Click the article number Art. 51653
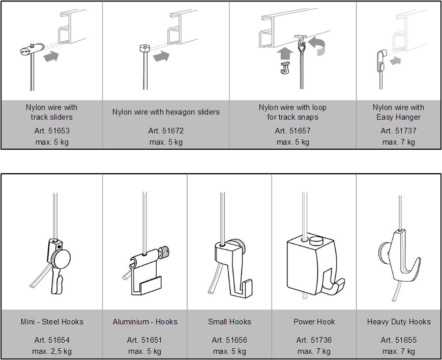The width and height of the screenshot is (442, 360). pyautogui.click(x=52, y=131)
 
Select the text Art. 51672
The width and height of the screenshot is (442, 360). pyautogui.click(x=166, y=131)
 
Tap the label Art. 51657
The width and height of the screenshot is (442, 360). pyautogui.click(x=292, y=131)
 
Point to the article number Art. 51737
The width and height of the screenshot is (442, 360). pyautogui.click(x=398, y=131)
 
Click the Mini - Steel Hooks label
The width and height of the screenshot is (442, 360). pyautogui.click(x=52, y=322)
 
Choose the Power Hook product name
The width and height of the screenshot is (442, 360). pyautogui.click(x=314, y=322)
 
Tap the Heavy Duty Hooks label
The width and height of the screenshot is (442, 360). pyautogui.click(x=399, y=322)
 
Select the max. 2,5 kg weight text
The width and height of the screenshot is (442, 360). pyautogui.click(x=52, y=351)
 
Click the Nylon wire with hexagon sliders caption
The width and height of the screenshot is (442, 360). pyautogui.click(x=166, y=112)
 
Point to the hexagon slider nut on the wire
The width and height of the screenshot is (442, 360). pyautogui.click(x=144, y=48)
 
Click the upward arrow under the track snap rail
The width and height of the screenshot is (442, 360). pyautogui.click(x=285, y=53)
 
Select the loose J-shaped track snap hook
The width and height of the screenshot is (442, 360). pyautogui.click(x=285, y=68)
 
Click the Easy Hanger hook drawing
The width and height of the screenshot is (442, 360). pyautogui.click(x=381, y=60)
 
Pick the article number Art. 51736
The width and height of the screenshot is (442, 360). pyautogui.click(x=314, y=340)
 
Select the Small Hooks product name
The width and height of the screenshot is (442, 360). pyautogui.click(x=229, y=322)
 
